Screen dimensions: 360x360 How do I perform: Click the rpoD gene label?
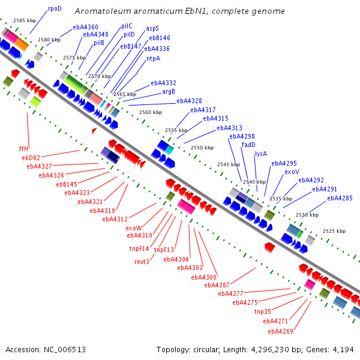[x=55, y=9]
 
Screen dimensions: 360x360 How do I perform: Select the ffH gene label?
[x=23, y=149]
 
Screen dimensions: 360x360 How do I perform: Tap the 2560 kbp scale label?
[x=151, y=112]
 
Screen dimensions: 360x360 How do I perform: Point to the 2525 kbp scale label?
[x=334, y=231]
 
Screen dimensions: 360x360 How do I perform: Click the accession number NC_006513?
[x=65, y=350]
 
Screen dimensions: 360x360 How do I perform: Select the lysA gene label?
[x=261, y=154]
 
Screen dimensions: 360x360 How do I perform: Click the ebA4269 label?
[x=281, y=331]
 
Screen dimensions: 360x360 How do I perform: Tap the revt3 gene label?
[x=142, y=262]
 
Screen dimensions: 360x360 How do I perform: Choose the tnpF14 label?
[x=139, y=248]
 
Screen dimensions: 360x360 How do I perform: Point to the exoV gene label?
[x=292, y=172]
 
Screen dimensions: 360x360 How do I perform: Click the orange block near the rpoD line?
[x=22, y=44]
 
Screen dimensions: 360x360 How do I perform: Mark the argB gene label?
[x=169, y=92]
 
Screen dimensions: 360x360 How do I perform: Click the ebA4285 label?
[x=340, y=198]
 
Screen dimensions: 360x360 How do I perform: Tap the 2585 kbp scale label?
[x=25, y=20]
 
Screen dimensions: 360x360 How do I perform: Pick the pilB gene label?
[x=99, y=43]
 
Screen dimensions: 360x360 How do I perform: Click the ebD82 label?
[x=31, y=158]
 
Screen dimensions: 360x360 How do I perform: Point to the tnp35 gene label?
[x=263, y=311]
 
